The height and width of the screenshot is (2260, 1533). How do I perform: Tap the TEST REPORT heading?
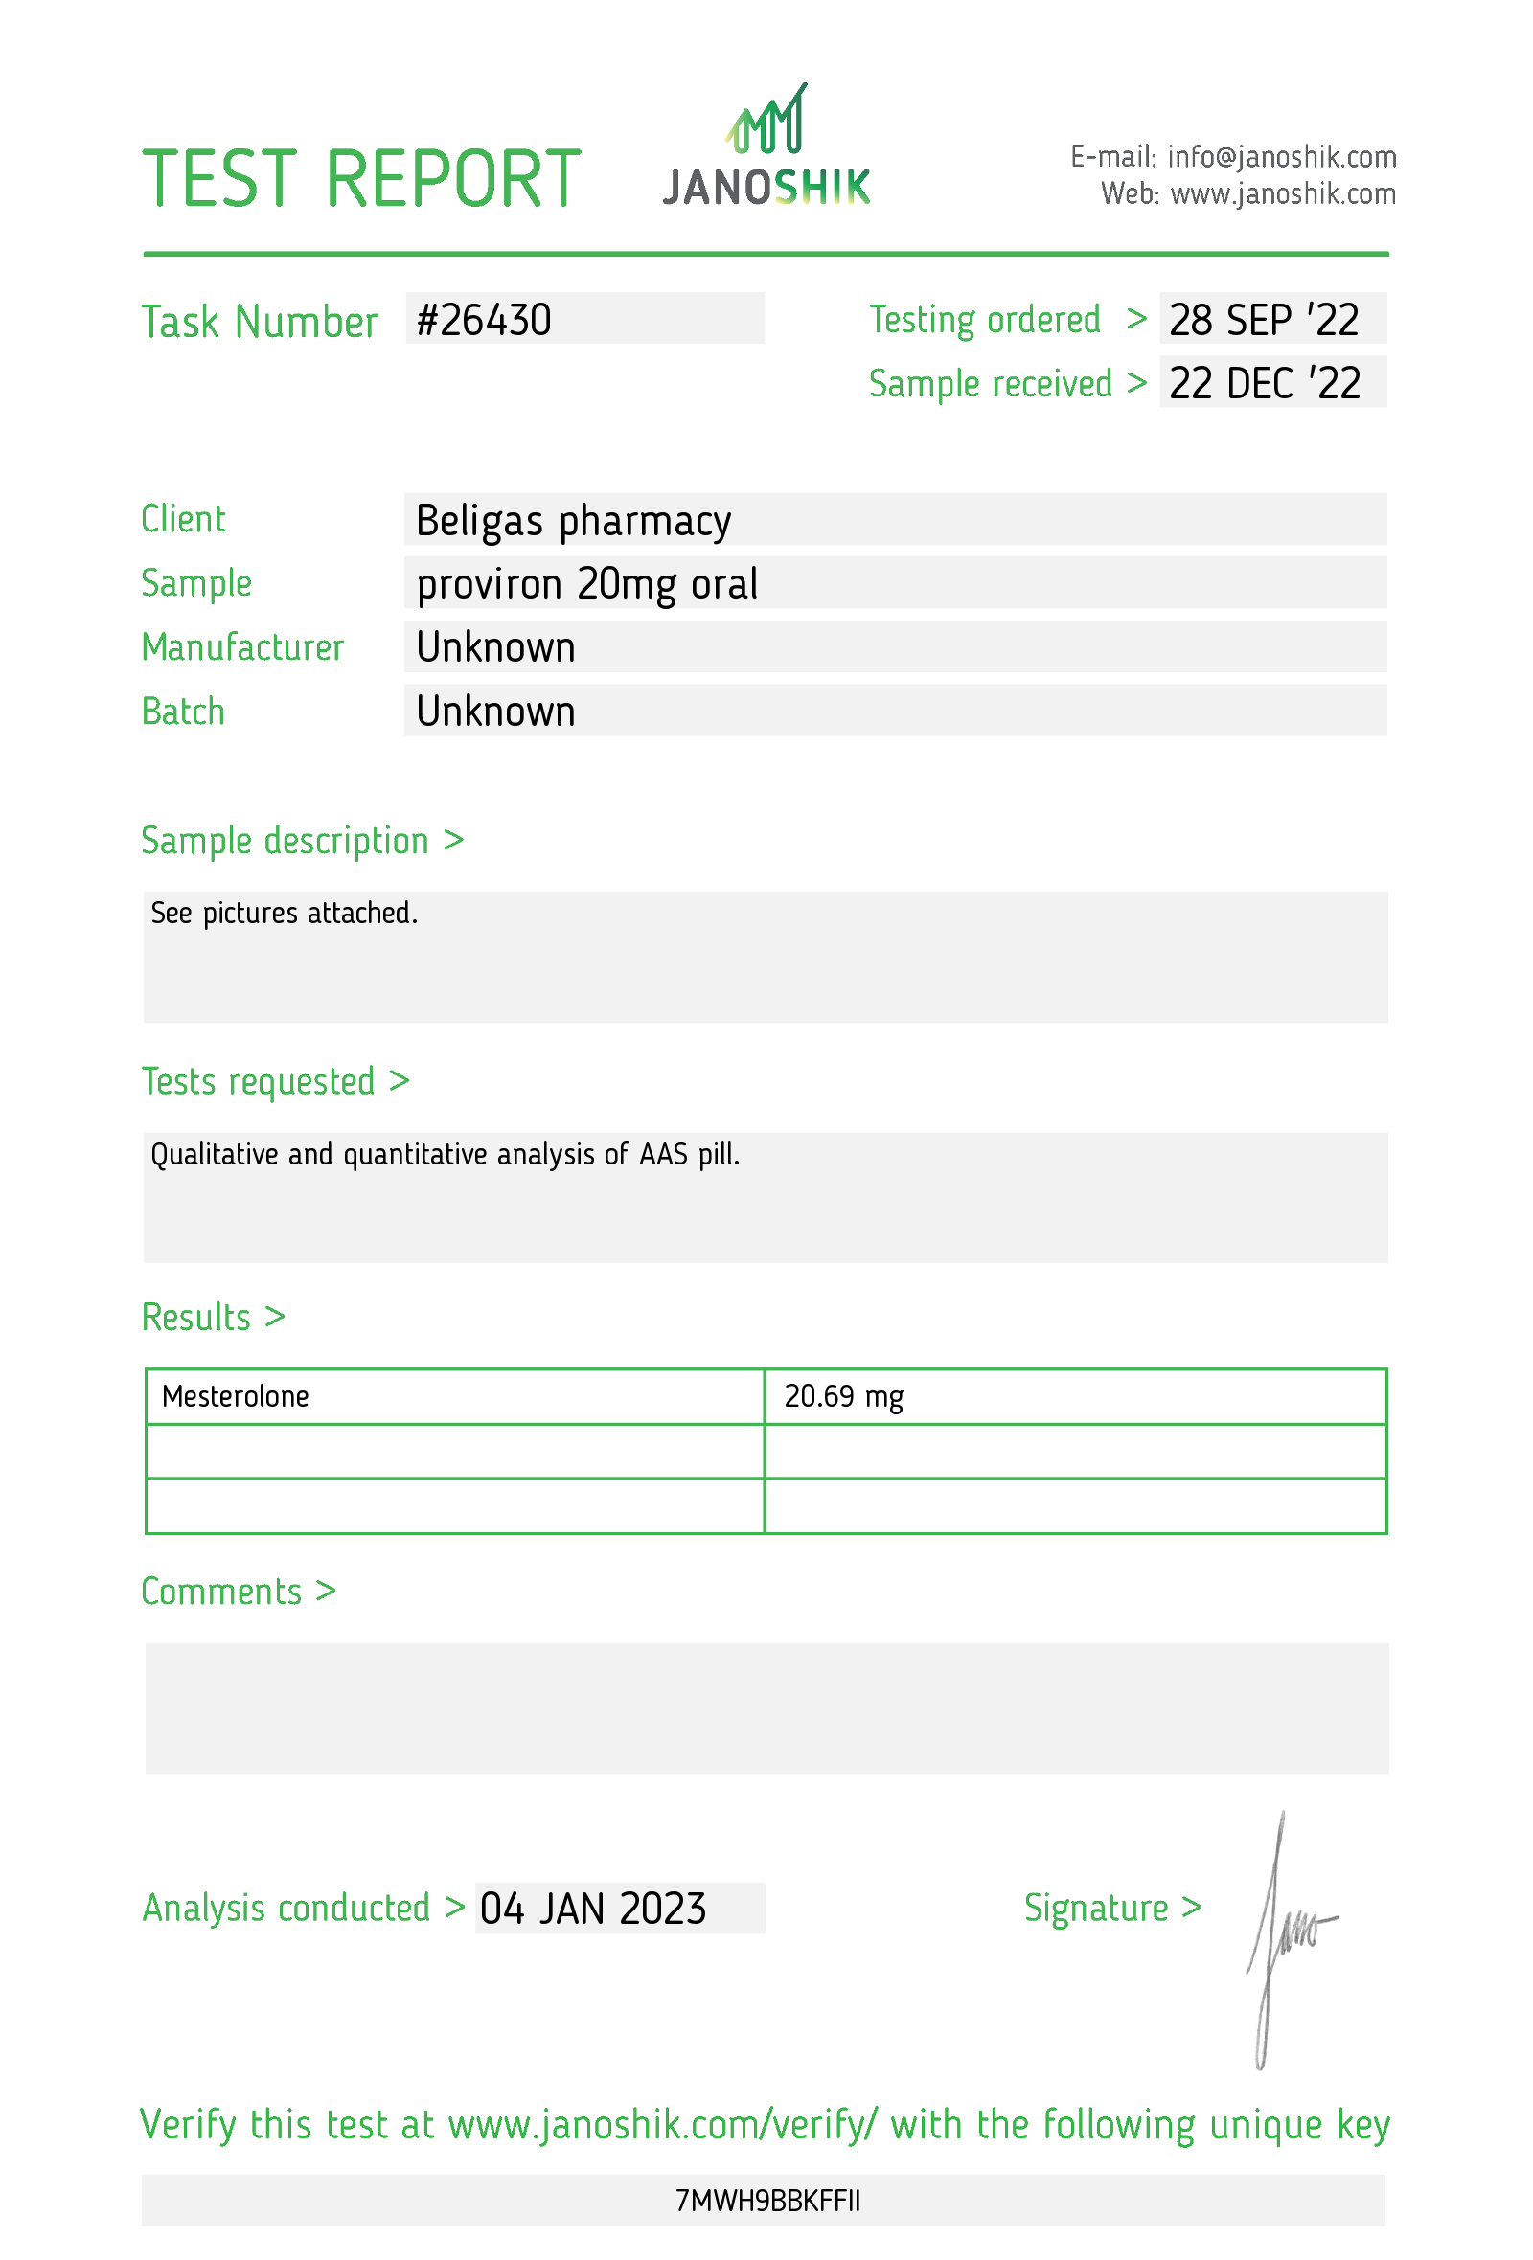pos(361,180)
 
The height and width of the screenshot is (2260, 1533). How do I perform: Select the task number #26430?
pos(484,320)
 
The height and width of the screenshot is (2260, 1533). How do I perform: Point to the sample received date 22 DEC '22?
pos(1264,383)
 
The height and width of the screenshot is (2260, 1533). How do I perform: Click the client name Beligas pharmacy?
pos(573,520)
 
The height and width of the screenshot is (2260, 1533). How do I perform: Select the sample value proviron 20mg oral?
pos(586,583)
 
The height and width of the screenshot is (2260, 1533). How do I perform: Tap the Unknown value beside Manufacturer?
pos(495,647)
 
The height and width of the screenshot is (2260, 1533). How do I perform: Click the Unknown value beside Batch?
pos(495,712)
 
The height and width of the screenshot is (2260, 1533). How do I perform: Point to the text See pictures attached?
pos(284,914)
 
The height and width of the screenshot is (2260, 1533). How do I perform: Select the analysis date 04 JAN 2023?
pos(592,1908)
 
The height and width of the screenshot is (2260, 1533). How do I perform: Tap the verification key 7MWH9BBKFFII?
pos(766,2200)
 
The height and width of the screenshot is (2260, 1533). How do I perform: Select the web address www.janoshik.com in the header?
pos(1282,194)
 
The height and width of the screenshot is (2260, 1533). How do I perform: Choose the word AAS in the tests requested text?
pos(663,1154)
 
